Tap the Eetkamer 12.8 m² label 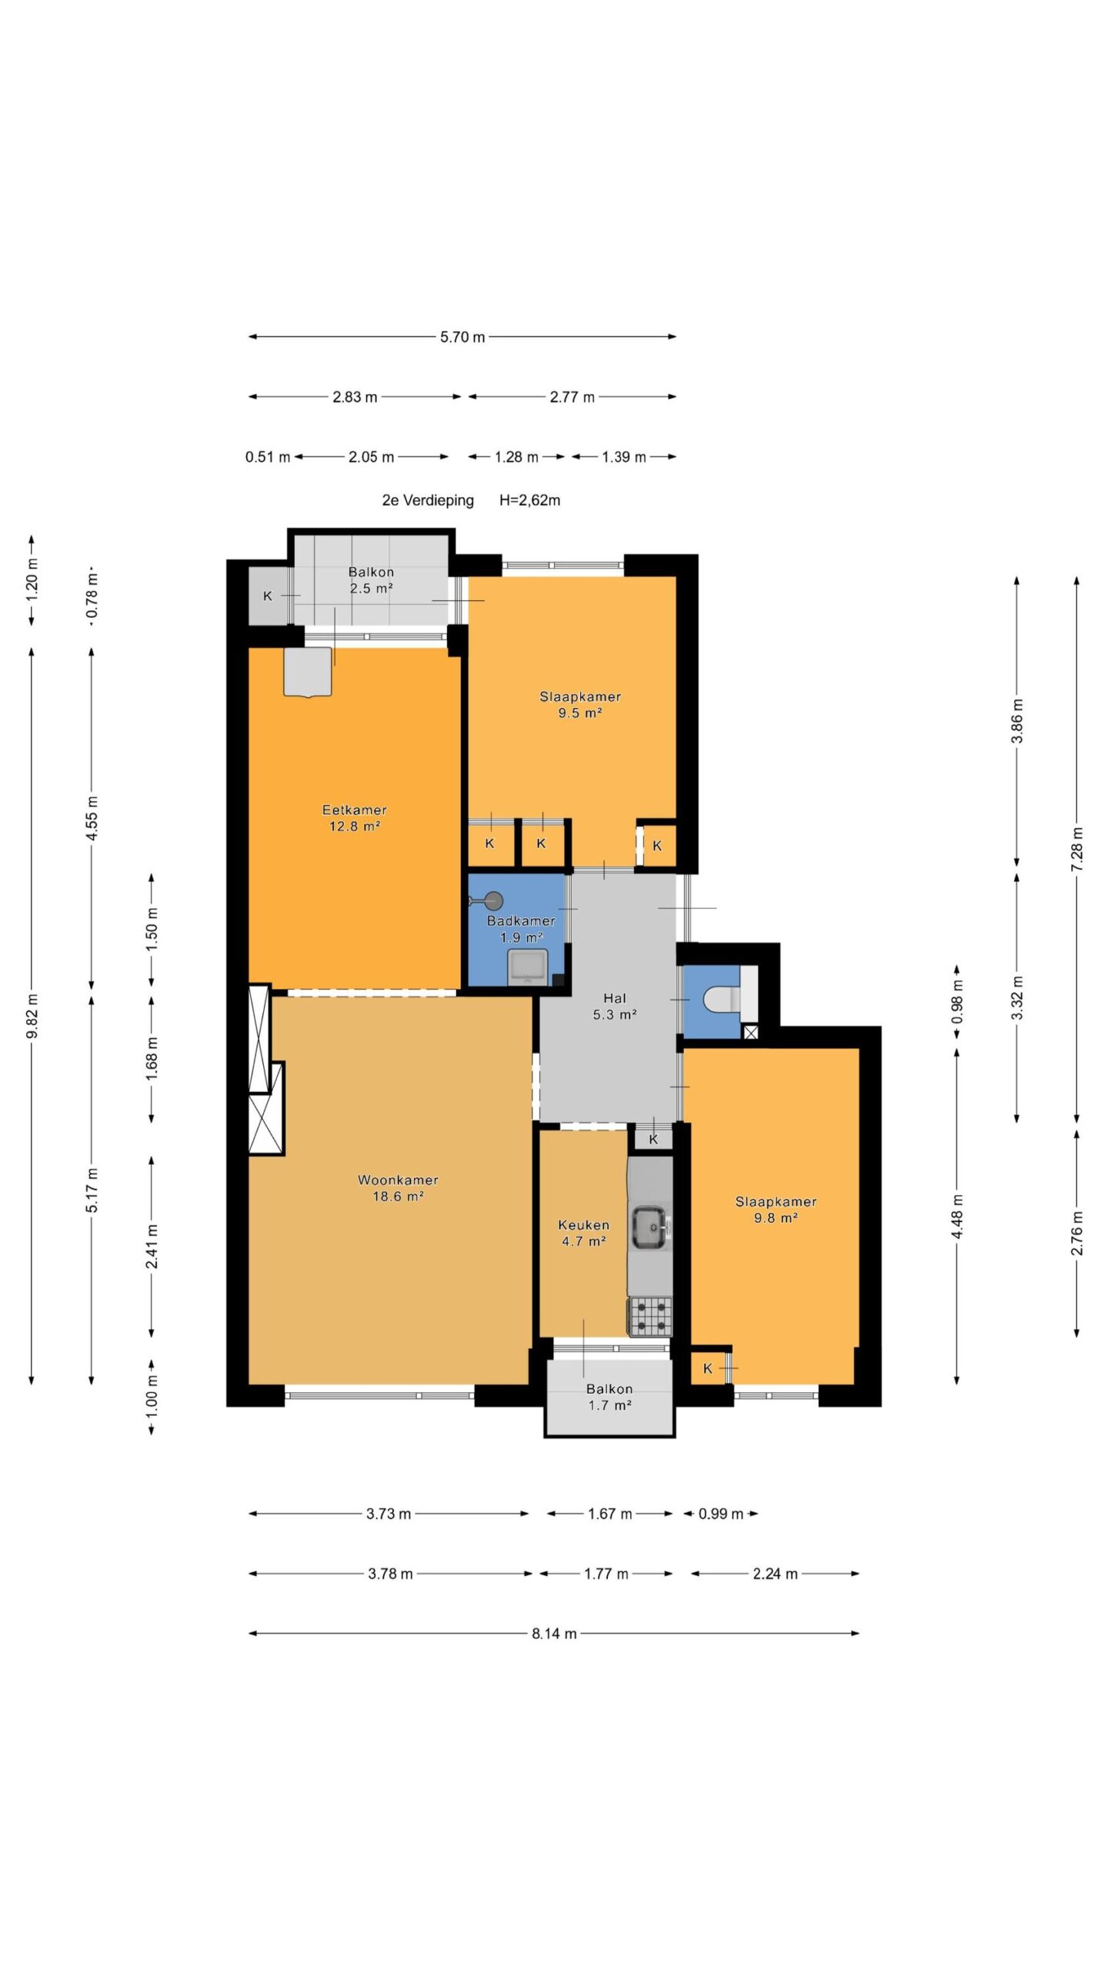[354, 818]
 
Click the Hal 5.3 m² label [614, 1007]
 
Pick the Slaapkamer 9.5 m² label [579, 705]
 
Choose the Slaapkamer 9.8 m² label [775, 1210]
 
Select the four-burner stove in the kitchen [650, 1317]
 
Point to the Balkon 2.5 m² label [371, 580]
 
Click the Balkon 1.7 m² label [609, 1397]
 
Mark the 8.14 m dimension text [554, 1634]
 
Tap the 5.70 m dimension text [462, 337]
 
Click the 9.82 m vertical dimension [32, 1016]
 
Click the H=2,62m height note [529, 500]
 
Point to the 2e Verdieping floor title [428, 501]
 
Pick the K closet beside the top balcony [268, 596]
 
